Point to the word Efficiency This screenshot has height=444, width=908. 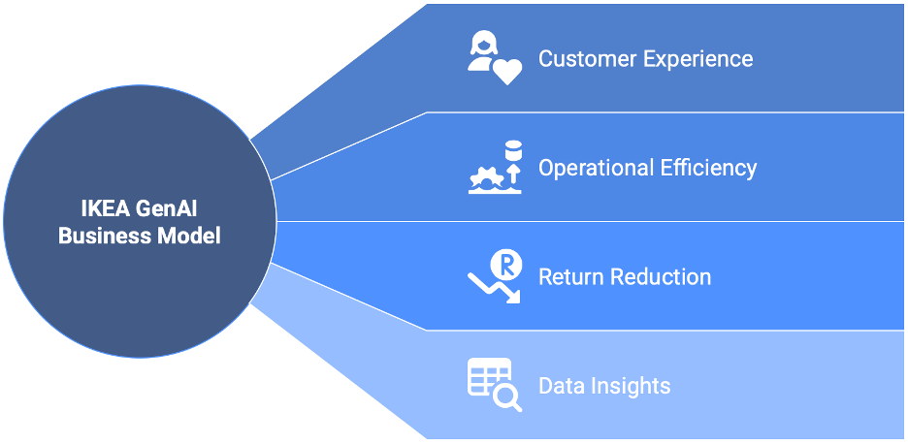709,168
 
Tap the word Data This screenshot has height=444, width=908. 562,386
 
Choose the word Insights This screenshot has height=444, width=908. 631,386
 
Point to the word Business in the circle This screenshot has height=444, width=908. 101,236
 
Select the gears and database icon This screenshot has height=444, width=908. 495,167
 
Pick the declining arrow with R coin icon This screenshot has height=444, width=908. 495,276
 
